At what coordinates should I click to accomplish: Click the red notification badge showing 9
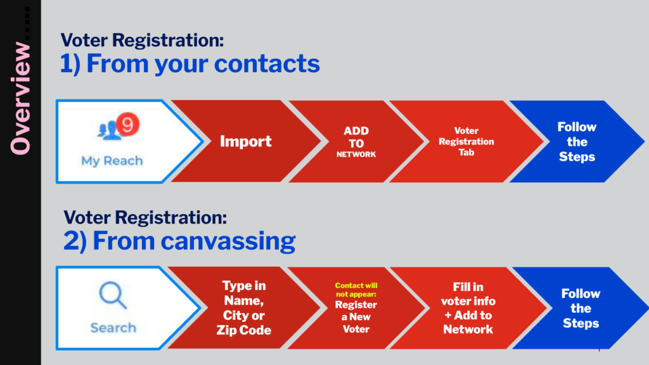[x=127, y=124]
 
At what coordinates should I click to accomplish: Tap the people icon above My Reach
[x=108, y=130]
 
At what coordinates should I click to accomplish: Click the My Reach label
[x=112, y=160]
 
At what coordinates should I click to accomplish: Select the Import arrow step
[x=245, y=141]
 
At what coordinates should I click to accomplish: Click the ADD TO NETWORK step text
[x=356, y=143]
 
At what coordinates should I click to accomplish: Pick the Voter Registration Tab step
[x=466, y=141]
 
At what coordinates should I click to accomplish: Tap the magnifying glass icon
[x=113, y=295]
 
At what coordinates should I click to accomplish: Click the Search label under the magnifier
[x=113, y=328]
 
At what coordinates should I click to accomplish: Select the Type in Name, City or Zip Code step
[x=244, y=307]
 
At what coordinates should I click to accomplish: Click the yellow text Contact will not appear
[x=356, y=290]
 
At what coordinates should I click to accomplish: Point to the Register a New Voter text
[x=356, y=317]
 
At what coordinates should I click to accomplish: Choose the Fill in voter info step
[x=468, y=308]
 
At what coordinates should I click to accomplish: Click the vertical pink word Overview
[x=20, y=98]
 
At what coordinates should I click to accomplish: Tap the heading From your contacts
[x=190, y=63]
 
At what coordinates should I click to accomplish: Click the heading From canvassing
[x=179, y=240]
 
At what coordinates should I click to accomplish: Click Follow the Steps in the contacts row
[x=577, y=141]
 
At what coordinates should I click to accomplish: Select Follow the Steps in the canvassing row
[x=581, y=309]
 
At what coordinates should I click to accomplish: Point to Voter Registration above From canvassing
[x=145, y=217]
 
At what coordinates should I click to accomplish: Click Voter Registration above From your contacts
[x=142, y=40]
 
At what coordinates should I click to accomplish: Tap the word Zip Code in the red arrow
[x=244, y=330]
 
